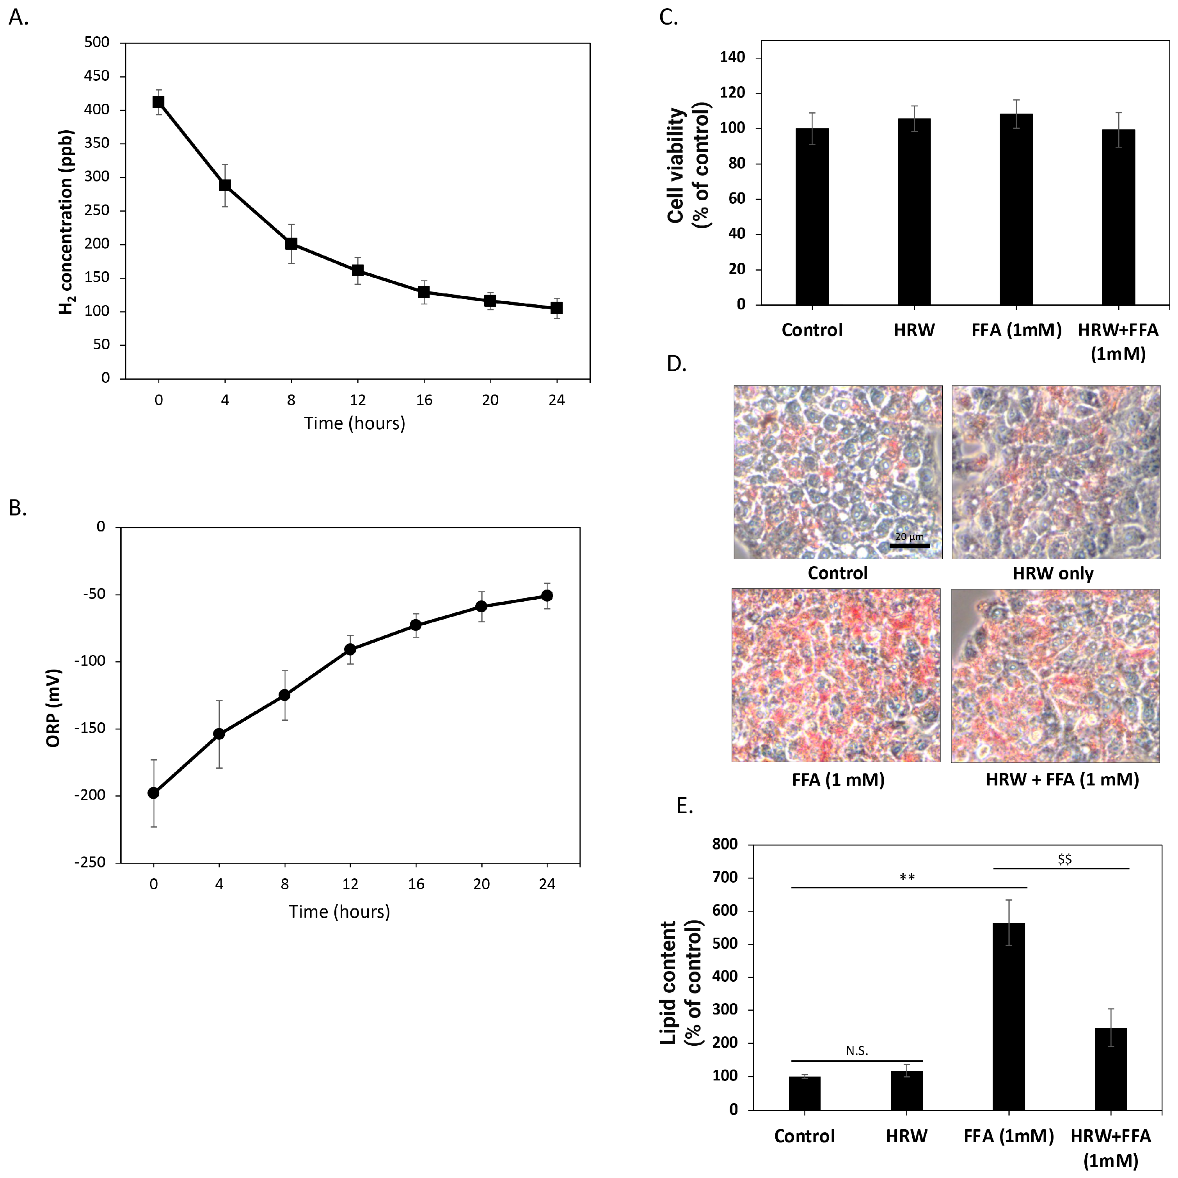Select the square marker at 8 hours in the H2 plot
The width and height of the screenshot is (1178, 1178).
click(x=291, y=244)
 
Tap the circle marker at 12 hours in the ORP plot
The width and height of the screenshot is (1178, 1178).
click(x=350, y=649)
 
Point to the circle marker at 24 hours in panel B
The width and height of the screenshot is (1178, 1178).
click(x=547, y=595)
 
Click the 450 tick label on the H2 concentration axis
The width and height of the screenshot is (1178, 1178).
click(x=97, y=76)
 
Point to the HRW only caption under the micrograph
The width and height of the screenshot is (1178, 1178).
click(x=1053, y=574)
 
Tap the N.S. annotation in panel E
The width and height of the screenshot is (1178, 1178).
click(x=856, y=1051)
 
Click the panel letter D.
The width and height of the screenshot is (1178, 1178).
click(x=677, y=364)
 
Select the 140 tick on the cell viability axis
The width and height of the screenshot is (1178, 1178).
click(x=732, y=58)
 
